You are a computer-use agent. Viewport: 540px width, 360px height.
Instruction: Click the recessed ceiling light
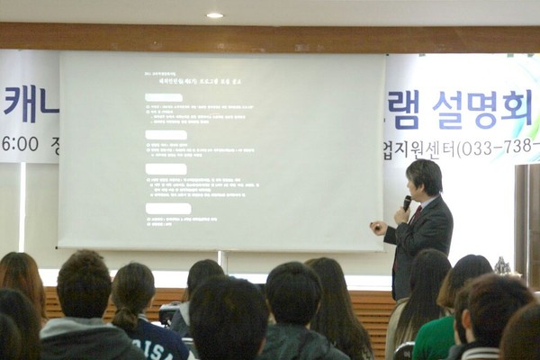click(214, 14)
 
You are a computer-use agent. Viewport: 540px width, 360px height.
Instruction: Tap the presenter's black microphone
click(407, 202)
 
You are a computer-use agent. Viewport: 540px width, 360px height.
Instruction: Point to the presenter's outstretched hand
click(378, 229)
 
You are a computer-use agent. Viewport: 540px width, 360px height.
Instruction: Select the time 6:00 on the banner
click(20, 144)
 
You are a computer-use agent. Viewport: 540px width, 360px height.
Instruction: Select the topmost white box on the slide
click(164, 97)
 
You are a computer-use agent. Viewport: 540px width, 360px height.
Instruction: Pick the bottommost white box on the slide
click(167, 209)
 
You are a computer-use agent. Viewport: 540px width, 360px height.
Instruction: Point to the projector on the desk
click(168, 314)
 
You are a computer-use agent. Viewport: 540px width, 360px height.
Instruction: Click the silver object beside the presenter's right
click(502, 266)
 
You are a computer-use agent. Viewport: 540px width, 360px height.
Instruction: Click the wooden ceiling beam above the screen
click(270, 38)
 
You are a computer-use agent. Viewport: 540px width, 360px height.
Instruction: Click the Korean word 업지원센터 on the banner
click(421, 148)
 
